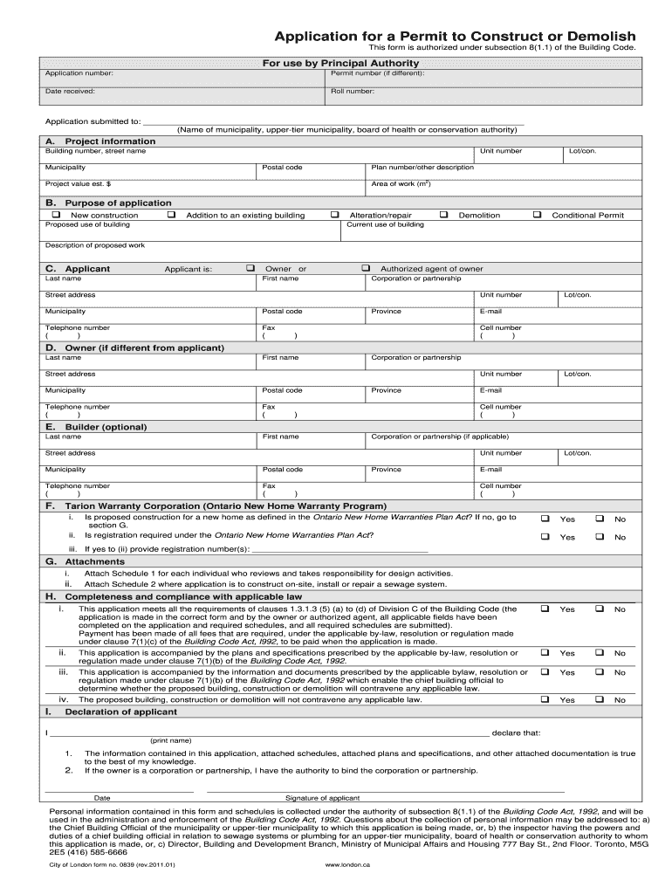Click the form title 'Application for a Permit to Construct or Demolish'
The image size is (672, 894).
(456, 35)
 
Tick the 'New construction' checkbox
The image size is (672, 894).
(57, 215)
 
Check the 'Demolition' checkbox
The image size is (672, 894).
(443, 215)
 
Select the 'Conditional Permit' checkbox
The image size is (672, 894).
(538, 215)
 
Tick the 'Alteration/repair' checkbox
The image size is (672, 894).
(334, 215)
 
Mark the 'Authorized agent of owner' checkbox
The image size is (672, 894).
(366, 268)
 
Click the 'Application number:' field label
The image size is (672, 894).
(79, 73)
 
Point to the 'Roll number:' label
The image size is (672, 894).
(353, 91)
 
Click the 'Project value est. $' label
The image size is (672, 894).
(79, 184)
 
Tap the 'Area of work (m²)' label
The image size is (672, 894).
(401, 184)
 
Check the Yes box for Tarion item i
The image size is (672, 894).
(545, 519)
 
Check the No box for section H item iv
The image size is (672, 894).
(600, 699)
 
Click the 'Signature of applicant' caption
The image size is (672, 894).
(322, 798)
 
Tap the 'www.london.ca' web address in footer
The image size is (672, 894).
(347, 865)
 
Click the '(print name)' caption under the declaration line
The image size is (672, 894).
(170, 740)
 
